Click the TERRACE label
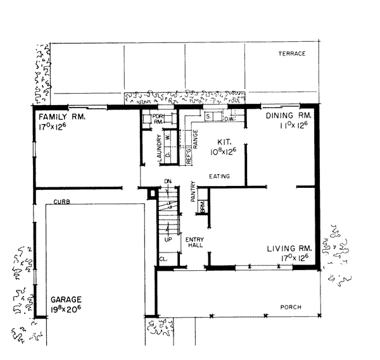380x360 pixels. point(292,54)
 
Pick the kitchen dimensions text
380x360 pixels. point(224,152)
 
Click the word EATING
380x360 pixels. point(219,176)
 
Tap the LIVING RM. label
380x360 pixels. point(287,249)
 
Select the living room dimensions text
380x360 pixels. point(292,258)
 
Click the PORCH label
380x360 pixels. point(291,307)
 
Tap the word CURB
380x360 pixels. point(61,201)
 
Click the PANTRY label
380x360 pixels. point(193,194)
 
